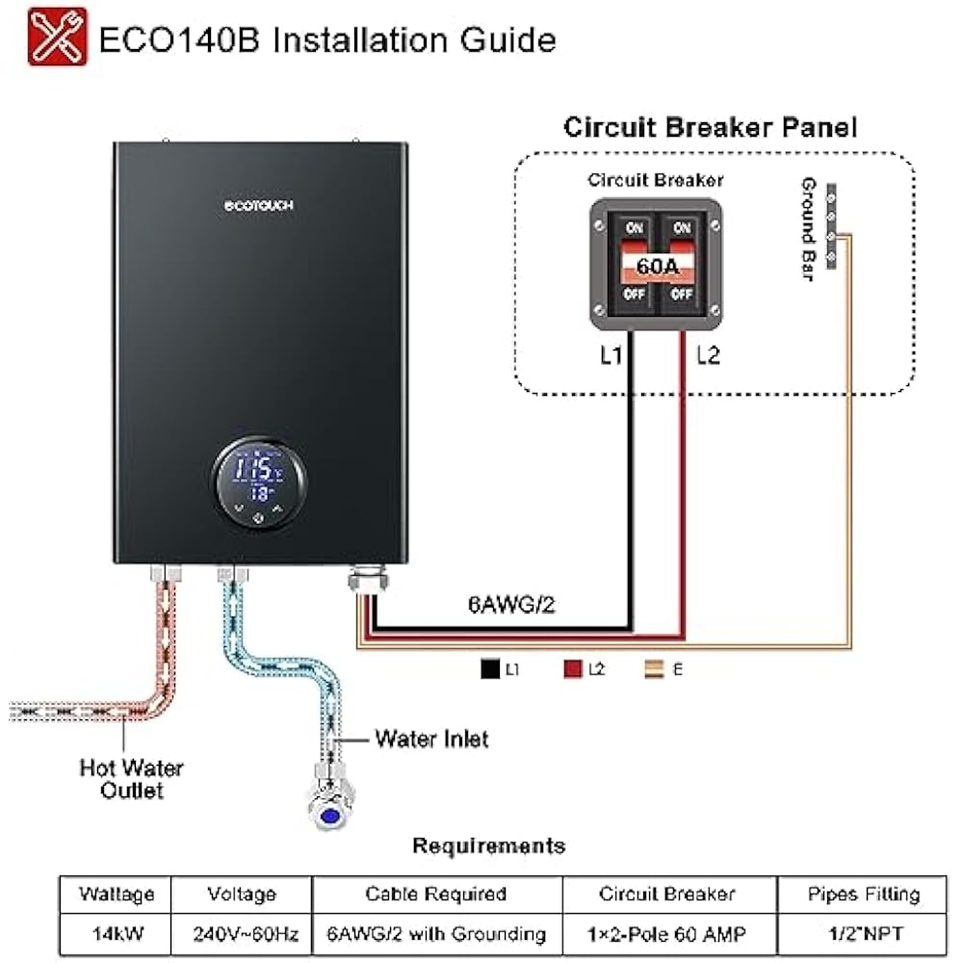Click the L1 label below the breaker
(612, 356)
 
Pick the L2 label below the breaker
(708, 356)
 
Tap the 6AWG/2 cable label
(510, 604)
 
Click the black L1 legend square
(487, 666)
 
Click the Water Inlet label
(431, 740)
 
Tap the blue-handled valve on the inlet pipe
(329, 815)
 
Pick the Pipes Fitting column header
(849, 894)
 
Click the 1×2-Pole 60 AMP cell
(667, 933)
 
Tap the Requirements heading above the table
(488, 846)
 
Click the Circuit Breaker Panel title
(710, 127)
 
